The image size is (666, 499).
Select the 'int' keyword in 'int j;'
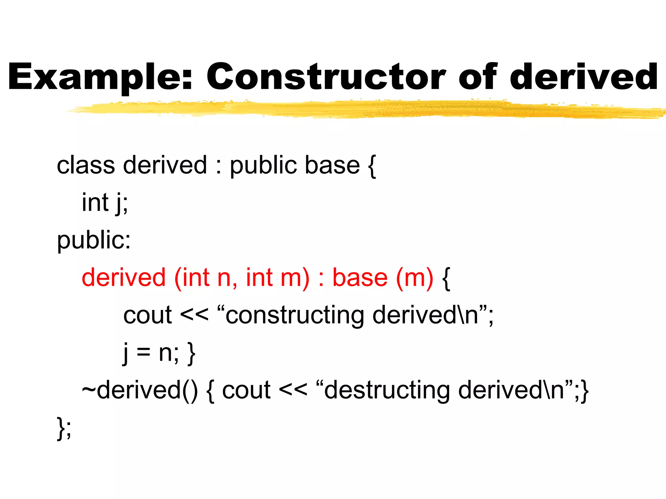pos(95,202)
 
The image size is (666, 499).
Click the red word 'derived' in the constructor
pos(124,277)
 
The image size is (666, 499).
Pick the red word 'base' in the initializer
pos(360,277)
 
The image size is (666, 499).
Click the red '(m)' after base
pos(415,278)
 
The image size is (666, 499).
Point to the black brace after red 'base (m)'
pos(446,279)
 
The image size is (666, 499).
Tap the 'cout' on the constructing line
pos(147,315)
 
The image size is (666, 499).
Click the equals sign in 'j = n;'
pos(143,353)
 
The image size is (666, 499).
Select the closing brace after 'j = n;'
pos(192,353)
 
